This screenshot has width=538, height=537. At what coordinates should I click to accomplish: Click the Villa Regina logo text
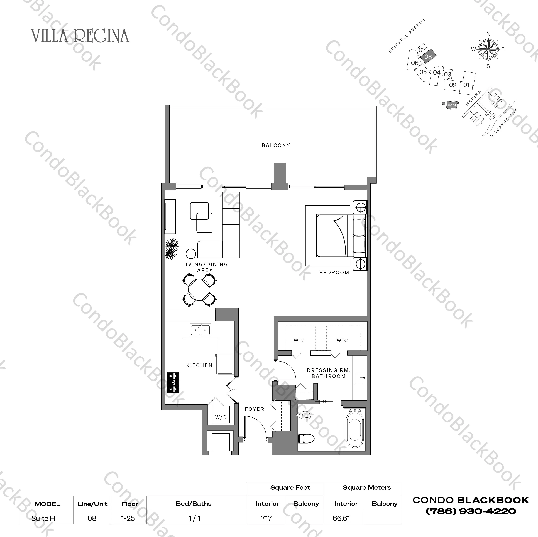(80, 36)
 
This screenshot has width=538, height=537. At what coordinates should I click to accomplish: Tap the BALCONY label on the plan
(276, 145)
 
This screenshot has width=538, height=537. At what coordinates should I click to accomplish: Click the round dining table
(199, 290)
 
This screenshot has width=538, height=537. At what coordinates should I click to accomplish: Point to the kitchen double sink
(200, 330)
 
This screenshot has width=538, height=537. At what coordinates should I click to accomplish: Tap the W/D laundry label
(221, 417)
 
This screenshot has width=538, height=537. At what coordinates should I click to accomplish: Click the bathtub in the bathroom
(355, 430)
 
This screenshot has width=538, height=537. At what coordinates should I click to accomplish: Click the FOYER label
(254, 409)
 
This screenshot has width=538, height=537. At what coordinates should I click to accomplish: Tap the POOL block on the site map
(452, 105)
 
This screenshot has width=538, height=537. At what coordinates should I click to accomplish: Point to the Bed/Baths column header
(194, 504)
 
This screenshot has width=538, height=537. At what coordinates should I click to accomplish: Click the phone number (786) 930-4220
(471, 511)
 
